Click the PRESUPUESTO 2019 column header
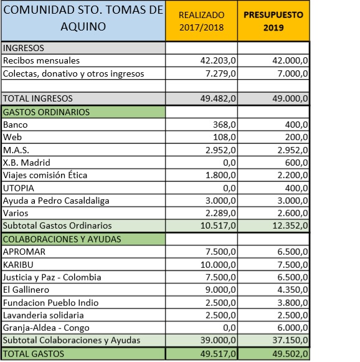tap(273, 22)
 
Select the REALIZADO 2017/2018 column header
tap(201, 22)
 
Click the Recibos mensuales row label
tap(42, 60)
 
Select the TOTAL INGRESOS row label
tap(38, 98)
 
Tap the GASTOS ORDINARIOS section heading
tap(47, 112)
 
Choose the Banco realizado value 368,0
tap(224, 125)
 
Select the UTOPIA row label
tap(19, 188)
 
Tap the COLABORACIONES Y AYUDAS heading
tap(62, 239)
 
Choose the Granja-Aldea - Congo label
tap(46, 328)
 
